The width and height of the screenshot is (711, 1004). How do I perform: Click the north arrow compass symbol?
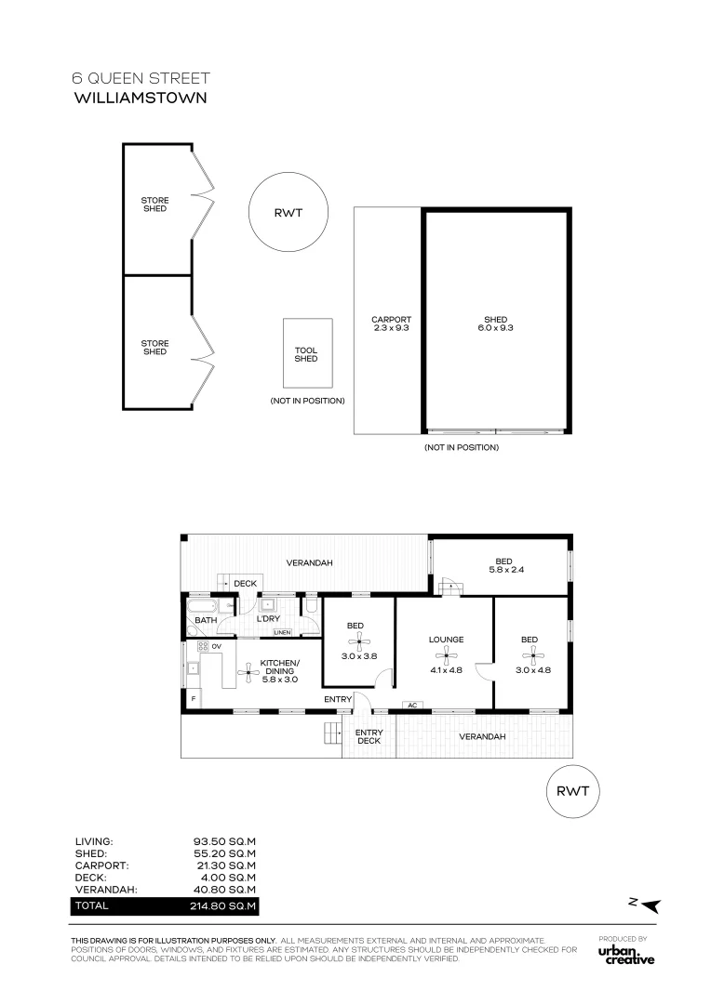pyautogui.click(x=646, y=905)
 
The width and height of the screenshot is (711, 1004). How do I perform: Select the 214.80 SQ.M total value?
pyautogui.click(x=222, y=906)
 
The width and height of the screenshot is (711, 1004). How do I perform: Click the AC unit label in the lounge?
pyautogui.click(x=412, y=705)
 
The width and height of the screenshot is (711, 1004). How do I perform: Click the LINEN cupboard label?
pyautogui.click(x=282, y=633)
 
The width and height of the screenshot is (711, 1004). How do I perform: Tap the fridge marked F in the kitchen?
pyautogui.click(x=193, y=698)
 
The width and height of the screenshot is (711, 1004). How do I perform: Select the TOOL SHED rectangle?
pyautogui.click(x=308, y=353)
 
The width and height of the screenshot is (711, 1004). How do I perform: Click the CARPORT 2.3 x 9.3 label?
pyautogui.click(x=391, y=324)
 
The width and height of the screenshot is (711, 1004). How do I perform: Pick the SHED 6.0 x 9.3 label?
pyautogui.click(x=496, y=324)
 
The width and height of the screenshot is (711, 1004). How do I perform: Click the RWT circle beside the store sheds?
pyautogui.click(x=288, y=213)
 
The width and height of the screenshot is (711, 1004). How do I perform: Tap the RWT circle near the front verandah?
pyautogui.click(x=572, y=791)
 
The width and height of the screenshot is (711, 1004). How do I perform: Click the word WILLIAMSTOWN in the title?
pyautogui.click(x=141, y=98)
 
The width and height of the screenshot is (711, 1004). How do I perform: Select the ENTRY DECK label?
pyautogui.click(x=369, y=736)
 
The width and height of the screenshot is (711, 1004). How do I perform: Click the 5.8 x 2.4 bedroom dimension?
pyautogui.click(x=506, y=569)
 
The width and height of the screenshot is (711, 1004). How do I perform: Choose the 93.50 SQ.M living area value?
pyautogui.click(x=224, y=841)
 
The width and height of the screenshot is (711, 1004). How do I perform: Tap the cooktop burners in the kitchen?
pyautogui.click(x=203, y=646)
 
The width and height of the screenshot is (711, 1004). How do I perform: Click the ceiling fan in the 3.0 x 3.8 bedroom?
pyautogui.click(x=359, y=641)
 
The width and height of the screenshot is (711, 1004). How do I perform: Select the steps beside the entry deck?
pyautogui.click(x=331, y=732)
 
